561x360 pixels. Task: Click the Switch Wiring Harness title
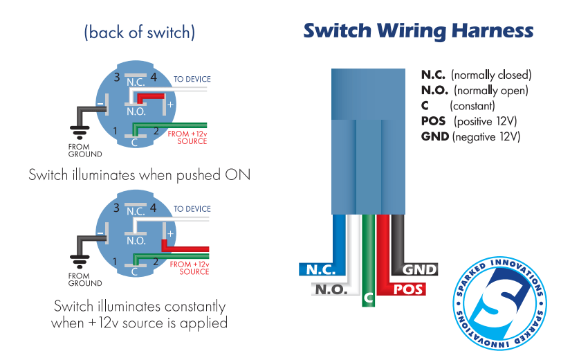pos(418,31)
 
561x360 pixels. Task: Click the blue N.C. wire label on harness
pos(316,270)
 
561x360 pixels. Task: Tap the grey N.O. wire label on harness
pos(331,289)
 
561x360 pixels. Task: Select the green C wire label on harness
pos(369,298)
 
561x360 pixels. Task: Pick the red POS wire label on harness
pos(407,289)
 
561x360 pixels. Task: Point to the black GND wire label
pos(419,270)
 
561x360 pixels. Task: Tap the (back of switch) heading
pos(139,33)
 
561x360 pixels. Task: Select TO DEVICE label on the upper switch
pos(192,79)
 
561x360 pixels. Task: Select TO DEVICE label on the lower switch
pos(192,208)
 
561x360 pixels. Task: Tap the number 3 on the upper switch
pos(117,77)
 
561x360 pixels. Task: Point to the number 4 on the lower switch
pos(154,207)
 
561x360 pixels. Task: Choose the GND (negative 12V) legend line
pos(470,137)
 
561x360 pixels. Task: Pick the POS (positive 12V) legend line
pos(469,121)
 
